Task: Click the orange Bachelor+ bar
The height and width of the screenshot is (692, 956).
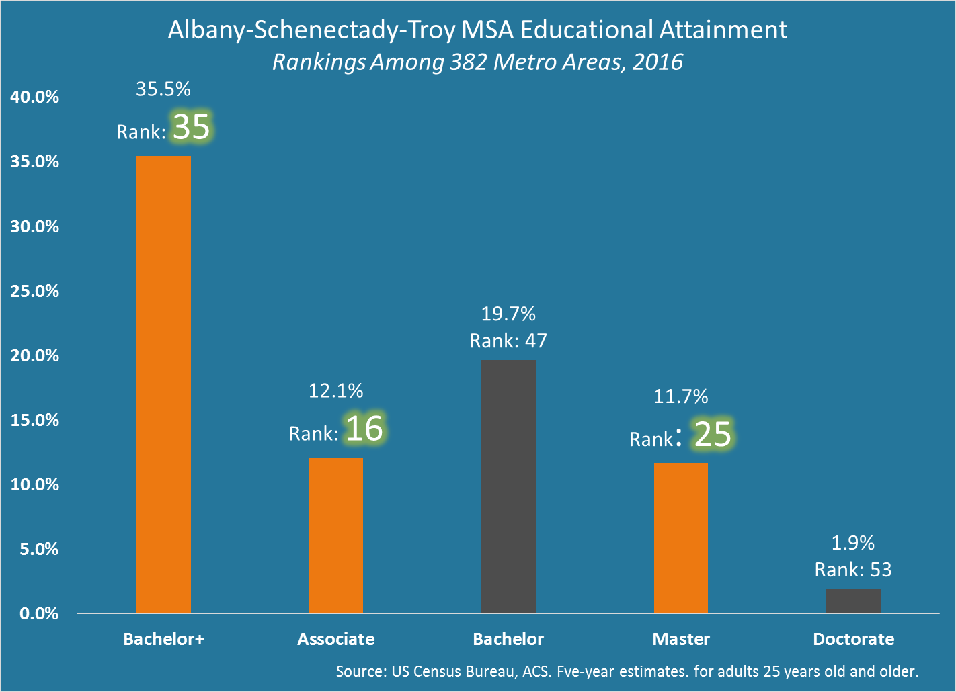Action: click(163, 384)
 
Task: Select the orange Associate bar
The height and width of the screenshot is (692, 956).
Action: click(336, 535)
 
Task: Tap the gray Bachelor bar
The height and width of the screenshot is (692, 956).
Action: click(508, 486)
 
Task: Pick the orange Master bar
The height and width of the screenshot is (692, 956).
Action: click(681, 537)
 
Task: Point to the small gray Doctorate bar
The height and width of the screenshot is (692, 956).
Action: click(853, 601)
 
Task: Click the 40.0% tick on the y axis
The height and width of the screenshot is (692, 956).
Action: click(35, 97)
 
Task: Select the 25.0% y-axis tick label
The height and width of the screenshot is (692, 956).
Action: click(35, 291)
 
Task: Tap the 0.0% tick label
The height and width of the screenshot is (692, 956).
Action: click(39, 613)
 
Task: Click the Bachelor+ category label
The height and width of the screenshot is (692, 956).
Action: click(163, 639)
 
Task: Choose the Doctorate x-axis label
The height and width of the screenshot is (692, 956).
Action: click(854, 639)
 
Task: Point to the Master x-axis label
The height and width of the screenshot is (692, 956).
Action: click(681, 639)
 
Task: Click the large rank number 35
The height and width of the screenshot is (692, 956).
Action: click(192, 127)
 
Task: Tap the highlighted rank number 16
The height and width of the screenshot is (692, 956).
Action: click(364, 429)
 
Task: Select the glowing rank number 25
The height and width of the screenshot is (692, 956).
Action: click(713, 434)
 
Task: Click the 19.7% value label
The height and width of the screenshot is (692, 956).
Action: click(508, 314)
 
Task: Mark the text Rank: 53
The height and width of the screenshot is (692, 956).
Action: click(853, 570)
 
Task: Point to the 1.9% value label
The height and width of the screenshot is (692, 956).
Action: click(853, 542)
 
